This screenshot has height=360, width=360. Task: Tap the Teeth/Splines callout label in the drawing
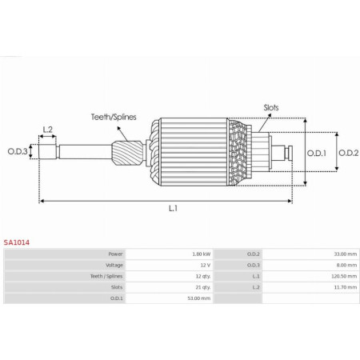pyautogui.click(x=112, y=116)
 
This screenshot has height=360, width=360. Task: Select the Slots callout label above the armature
pyautogui.click(x=271, y=106)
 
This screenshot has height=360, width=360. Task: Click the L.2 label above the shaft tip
pyautogui.click(x=47, y=129)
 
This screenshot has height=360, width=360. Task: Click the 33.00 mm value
pyautogui.click(x=346, y=253)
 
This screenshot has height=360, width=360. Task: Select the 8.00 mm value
pyautogui.click(x=346, y=264)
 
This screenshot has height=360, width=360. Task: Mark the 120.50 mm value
pyautogui.click(x=345, y=275)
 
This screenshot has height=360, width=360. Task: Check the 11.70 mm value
pyautogui.click(x=346, y=286)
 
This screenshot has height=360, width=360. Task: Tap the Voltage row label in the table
pyautogui.click(x=114, y=264)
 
